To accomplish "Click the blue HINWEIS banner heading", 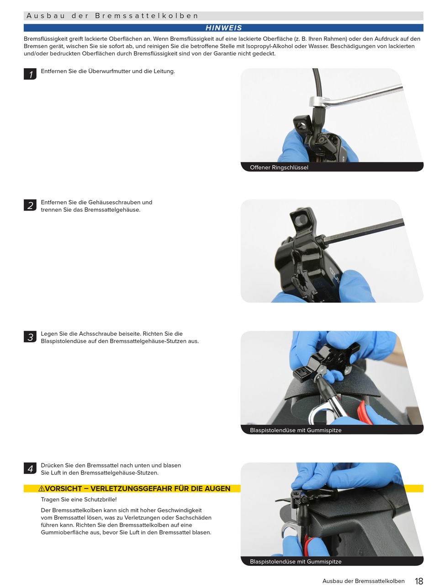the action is point(223,28).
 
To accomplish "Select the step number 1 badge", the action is point(30,74).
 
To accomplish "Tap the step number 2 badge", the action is point(30,205).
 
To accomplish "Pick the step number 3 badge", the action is point(30,337).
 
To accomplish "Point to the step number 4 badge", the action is point(30,468).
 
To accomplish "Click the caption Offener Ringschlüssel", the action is point(279,167).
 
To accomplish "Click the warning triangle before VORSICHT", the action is point(42,488).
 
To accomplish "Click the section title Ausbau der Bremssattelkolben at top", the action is point(112,16).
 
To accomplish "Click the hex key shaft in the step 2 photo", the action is point(363,232).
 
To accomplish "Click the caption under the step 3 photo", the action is point(296,430).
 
